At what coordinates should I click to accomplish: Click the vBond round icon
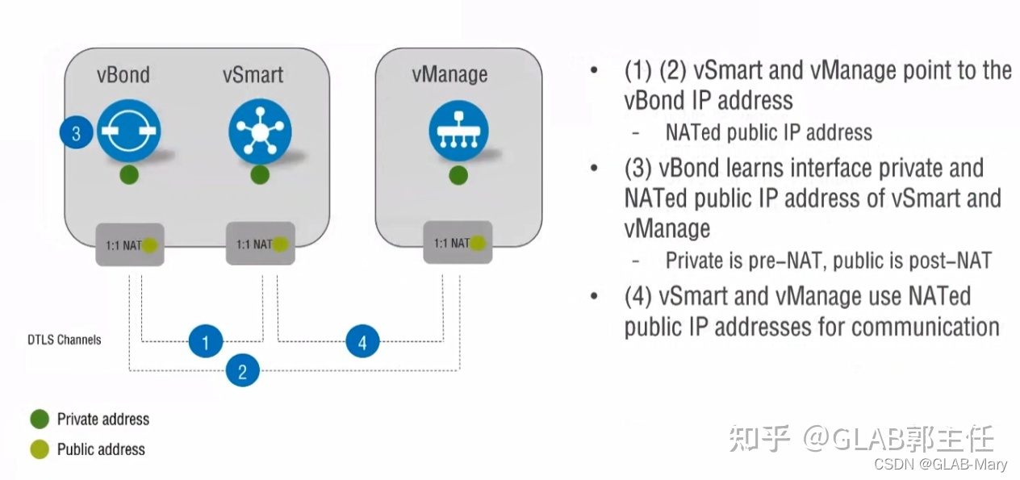pyautogui.click(x=129, y=131)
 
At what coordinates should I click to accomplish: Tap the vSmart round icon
pyautogui.click(x=259, y=131)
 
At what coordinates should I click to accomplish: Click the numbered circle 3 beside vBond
pyautogui.click(x=77, y=133)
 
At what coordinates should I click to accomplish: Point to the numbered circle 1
pyautogui.click(x=206, y=342)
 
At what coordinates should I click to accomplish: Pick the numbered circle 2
pyautogui.click(x=242, y=370)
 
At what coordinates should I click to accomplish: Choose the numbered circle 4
pyautogui.click(x=362, y=342)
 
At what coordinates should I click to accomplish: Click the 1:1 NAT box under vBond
pyautogui.click(x=130, y=244)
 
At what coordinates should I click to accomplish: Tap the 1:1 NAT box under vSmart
pyautogui.click(x=260, y=244)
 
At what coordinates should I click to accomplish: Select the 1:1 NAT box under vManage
pyautogui.click(x=458, y=242)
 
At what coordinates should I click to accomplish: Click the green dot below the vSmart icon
pyautogui.click(x=259, y=174)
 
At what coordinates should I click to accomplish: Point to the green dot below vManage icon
pyautogui.click(x=458, y=175)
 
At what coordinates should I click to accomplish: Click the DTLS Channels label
pyautogui.click(x=65, y=340)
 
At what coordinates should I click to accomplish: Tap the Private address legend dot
pyautogui.click(x=40, y=419)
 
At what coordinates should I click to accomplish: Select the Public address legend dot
pyautogui.click(x=40, y=450)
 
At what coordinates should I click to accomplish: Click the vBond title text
pyautogui.click(x=123, y=75)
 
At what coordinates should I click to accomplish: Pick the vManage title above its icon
pyautogui.click(x=449, y=75)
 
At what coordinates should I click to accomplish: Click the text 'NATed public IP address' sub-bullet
pyautogui.click(x=768, y=132)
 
